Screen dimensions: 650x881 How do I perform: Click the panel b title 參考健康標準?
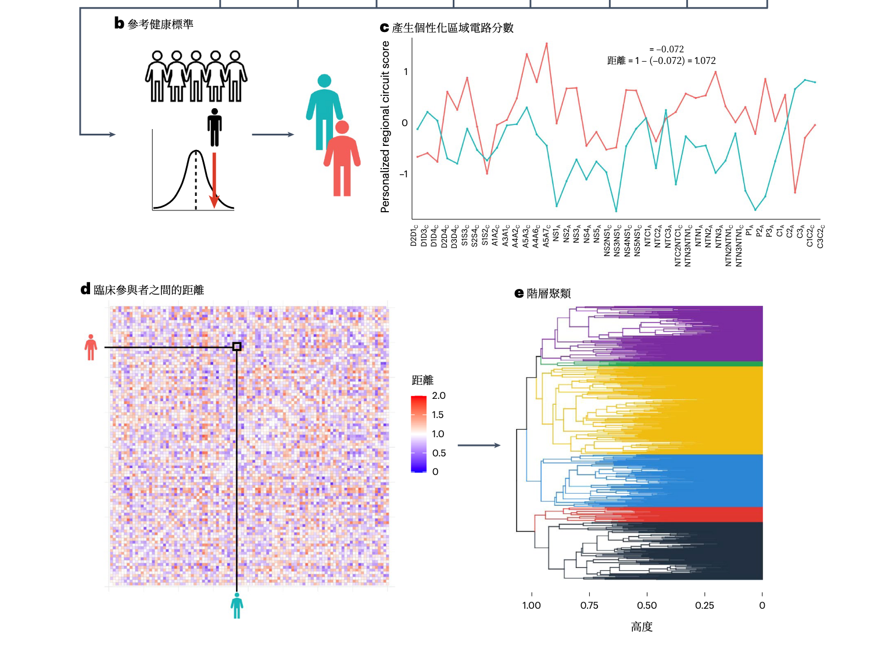point(160,24)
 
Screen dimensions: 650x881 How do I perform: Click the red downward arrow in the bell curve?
point(214,180)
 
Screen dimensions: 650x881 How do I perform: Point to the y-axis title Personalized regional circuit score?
point(385,127)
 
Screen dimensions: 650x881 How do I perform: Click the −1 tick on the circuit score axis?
point(404,174)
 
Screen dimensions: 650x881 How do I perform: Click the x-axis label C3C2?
point(821,237)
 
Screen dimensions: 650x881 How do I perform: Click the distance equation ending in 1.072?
point(661,60)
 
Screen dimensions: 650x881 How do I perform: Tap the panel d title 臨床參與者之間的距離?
point(149,290)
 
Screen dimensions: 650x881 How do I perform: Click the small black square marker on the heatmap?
point(237,347)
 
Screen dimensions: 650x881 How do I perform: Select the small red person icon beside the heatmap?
point(91,347)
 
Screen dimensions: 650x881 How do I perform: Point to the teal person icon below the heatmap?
point(237,605)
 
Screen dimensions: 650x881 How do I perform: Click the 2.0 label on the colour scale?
point(439,396)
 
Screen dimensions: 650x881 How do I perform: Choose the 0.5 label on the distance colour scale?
point(439,453)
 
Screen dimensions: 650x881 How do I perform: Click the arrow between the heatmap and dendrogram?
point(479,445)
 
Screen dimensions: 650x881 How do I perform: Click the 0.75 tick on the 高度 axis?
point(589,605)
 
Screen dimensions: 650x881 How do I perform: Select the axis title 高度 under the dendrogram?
point(642,627)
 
